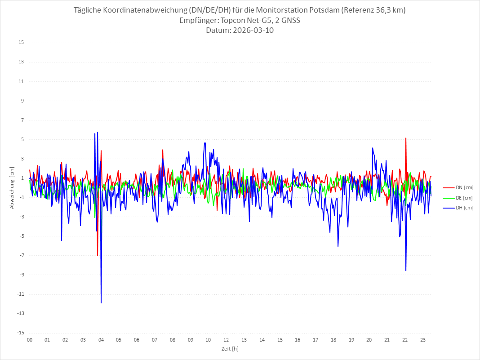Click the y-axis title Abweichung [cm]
pos(12,188)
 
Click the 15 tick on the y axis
pos(21,43)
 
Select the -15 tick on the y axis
pos(20,333)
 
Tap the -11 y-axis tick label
pos(20,294)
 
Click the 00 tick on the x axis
pos(30,340)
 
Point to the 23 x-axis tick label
pos(423,340)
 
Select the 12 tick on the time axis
pos(226,340)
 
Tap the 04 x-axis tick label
pos(101,340)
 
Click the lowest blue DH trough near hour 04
pos(101,303)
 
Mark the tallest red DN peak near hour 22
pos(406,138)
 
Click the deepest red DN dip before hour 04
pos(98,255)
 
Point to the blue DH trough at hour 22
pos(406,271)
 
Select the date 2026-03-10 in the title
pos(252,31)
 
